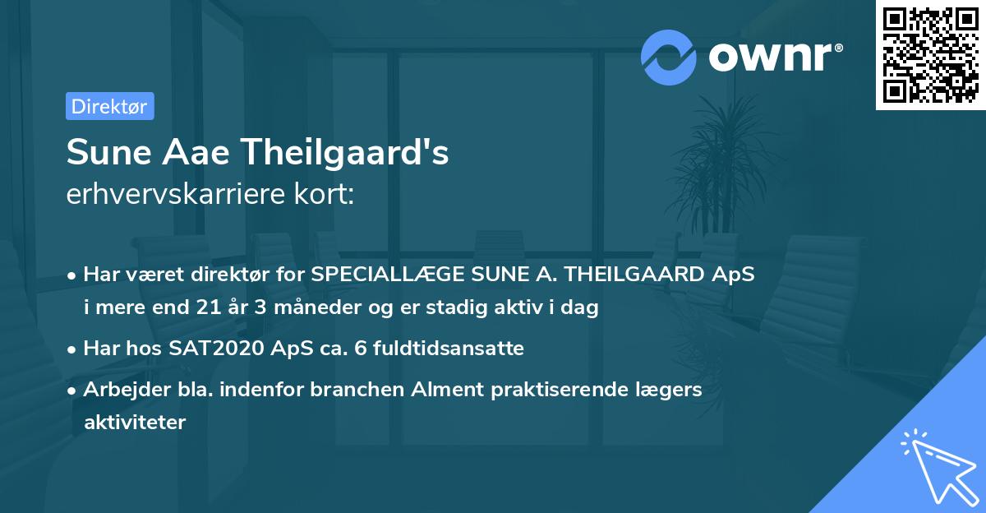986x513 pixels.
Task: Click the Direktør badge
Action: coord(109,106)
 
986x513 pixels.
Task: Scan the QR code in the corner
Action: coord(930,54)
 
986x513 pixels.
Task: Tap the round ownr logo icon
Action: coord(669,57)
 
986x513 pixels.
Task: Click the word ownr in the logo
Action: coord(775,57)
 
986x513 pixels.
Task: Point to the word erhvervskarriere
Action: coord(182,194)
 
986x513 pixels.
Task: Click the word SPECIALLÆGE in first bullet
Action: coord(386,275)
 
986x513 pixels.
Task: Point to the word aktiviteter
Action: coord(135,423)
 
